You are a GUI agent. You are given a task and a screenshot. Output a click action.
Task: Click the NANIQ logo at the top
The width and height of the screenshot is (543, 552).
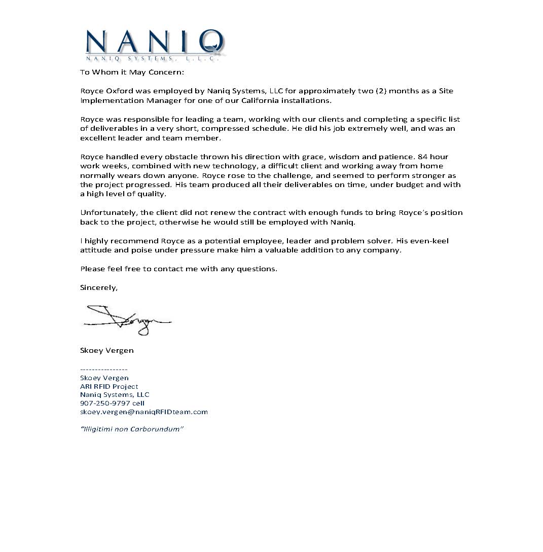[155, 45]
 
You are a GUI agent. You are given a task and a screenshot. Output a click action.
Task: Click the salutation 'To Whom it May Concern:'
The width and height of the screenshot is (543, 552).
[132, 72]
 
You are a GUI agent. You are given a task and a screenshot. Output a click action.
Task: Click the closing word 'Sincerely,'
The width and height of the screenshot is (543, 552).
[99, 287]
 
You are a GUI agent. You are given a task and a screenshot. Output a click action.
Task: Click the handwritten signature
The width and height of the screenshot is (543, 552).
[127, 319]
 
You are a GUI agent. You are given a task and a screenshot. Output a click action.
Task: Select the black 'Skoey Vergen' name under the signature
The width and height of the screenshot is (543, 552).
[107, 350]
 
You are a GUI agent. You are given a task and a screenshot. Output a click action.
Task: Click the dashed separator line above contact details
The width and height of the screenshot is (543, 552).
[104, 370]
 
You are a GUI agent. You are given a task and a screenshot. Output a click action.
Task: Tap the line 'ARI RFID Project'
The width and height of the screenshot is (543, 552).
[109, 386]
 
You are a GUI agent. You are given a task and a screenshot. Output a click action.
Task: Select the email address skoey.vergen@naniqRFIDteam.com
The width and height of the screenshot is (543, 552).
[144, 412]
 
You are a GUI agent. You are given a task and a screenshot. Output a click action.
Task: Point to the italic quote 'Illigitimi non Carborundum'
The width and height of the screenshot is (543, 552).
[132, 429]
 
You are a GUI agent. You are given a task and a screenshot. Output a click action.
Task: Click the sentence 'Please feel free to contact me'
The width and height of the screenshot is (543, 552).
[178, 269]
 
